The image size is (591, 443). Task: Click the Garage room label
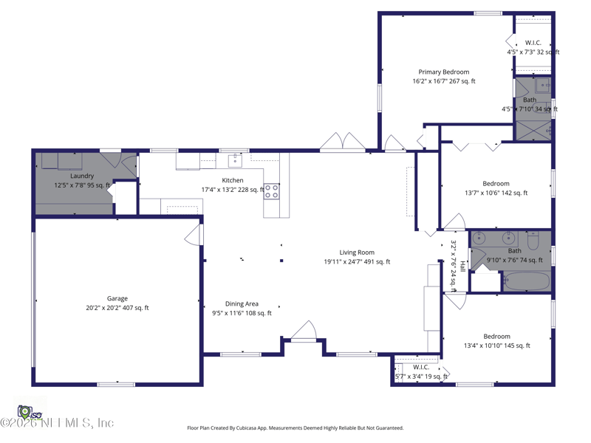pyautogui.click(x=117, y=298)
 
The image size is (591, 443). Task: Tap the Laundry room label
pyautogui.click(x=82, y=176)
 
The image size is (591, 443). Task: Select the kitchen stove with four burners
pyautogui.click(x=272, y=192)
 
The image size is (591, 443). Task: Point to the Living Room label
pyautogui.click(x=357, y=253)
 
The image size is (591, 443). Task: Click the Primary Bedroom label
pyautogui.click(x=443, y=72)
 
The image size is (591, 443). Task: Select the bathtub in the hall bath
pyautogui.click(x=527, y=281)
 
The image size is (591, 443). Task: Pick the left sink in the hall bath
pyautogui.click(x=480, y=238)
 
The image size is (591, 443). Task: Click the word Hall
pyautogui.click(x=462, y=267)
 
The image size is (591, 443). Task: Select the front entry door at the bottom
pyautogui.click(x=303, y=334)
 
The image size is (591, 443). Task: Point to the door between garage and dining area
pyautogui.click(x=194, y=234)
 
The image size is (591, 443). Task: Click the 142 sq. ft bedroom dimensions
pyautogui.click(x=496, y=193)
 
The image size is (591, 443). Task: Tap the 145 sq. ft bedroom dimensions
pyautogui.click(x=496, y=346)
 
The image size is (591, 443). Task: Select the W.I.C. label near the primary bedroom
pyautogui.click(x=533, y=43)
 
